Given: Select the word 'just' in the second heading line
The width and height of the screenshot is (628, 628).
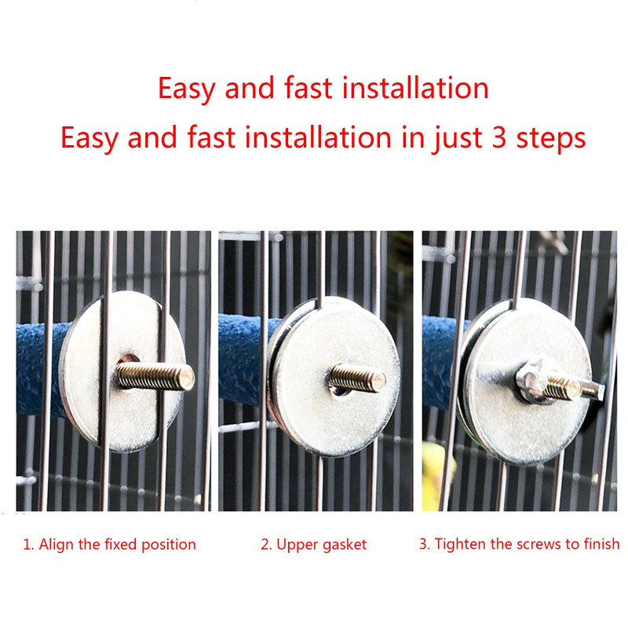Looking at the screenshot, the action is click(x=456, y=139).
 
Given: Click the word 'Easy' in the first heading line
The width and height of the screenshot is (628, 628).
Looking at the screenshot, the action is click(x=187, y=89).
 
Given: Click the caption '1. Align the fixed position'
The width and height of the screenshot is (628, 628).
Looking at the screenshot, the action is click(x=109, y=545).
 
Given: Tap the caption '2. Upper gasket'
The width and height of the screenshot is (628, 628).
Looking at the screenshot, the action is click(x=313, y=545).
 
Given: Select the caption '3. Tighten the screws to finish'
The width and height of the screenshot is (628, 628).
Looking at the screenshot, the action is click(x=520, y=544).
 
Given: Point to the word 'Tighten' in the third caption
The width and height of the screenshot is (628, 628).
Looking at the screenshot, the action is click(x=461, y=544).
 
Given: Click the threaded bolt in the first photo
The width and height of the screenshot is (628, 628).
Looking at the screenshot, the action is click(x=155, y=376).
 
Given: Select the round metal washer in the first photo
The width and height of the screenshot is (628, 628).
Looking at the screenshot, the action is click(x=122, y=371).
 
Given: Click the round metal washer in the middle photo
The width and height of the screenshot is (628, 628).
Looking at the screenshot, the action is click(x=334, y=377).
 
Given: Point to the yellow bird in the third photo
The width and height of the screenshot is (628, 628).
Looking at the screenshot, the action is click(x=436, y=476).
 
